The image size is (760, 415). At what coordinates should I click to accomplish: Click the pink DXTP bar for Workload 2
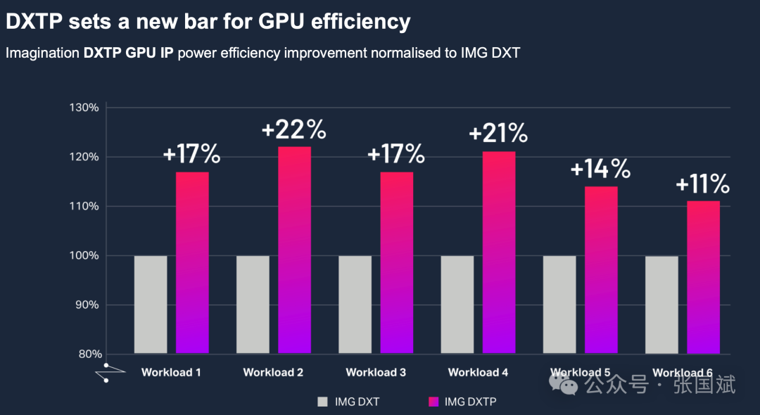click(x=294, y=250)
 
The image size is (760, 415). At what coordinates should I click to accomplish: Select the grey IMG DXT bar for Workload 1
click(x=151, y=304)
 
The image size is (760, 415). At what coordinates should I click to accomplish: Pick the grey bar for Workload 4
click(x=457, y=304)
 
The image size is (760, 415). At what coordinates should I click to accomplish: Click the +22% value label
click(x=294, y=130)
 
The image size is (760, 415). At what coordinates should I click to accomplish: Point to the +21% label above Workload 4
click(x=498, y=133)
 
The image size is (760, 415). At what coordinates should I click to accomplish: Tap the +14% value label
click(x=600, y=169)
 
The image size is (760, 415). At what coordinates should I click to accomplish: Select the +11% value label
click(x=702, y=184)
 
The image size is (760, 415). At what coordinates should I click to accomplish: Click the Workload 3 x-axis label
click(x=376, y=372)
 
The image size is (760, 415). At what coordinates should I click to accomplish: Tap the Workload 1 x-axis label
click(x=171, y=372)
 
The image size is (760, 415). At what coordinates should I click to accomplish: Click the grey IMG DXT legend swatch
click(x=323, y=402)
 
